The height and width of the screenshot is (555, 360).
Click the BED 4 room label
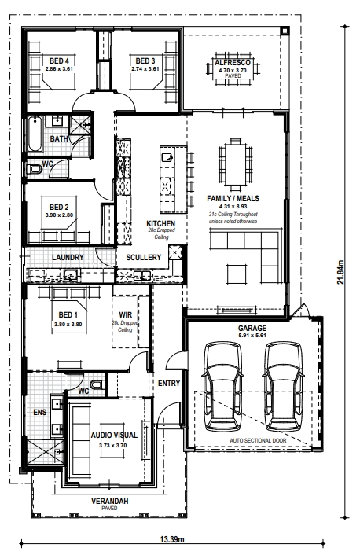(59, 61)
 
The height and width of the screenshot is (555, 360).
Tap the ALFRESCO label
(233, 63)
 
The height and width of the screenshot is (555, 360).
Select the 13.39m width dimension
(172, 539)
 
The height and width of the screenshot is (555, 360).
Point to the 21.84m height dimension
(340, 272)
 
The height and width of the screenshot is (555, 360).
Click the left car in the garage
(223, 385)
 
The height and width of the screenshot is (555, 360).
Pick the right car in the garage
(283, 385)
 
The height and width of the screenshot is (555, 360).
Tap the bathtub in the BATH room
(35, 134)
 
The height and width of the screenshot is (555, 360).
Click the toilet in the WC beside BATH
(35, 170)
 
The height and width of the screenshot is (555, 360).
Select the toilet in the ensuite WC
(97, 384)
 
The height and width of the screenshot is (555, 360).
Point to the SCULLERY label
(143, 257)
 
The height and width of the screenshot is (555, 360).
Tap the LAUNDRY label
(68, 257)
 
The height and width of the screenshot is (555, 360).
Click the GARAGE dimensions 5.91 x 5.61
(252, 335)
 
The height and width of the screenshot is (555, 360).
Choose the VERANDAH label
(110, 502)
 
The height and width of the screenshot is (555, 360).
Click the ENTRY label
(169, 383)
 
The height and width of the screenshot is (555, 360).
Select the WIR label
(125, 314)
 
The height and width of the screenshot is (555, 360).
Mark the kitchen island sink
(167, 156)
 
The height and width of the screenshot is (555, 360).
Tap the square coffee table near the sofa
(237, 274)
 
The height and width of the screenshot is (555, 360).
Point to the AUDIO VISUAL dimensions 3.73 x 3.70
(113, 445)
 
